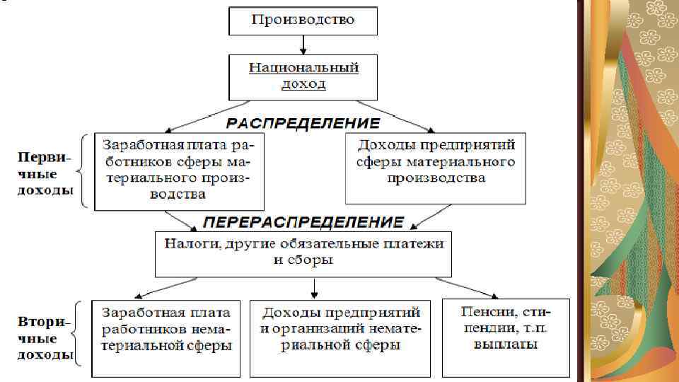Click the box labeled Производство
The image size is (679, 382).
pyautogui.click(x=303, y=21)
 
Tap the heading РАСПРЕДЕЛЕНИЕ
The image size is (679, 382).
pyautogui.click(x=303, y=123)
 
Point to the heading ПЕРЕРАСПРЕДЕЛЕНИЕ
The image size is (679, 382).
pyautogui.click(x=303, y=221)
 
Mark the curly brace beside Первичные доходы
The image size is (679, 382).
pyautogui.click(x=84, y=171)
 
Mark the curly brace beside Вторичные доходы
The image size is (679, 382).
pyautogui.click(x=83, y=335)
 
